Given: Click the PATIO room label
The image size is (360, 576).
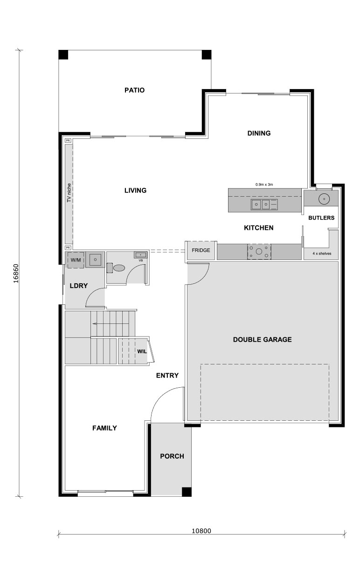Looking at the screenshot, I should coord(134,90).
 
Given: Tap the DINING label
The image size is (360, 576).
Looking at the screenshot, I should coord(259,133).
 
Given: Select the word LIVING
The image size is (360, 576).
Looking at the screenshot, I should coord(135,190).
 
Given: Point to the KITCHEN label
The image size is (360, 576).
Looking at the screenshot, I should coord(258,228).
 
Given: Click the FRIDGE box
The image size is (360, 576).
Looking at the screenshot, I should coord(201,250).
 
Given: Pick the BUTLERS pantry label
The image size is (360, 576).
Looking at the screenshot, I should coord(321,218).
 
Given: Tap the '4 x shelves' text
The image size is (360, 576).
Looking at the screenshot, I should coord(322,254).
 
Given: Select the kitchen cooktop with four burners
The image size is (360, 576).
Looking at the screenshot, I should coord(259,251).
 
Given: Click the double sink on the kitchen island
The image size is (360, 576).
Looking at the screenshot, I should coord(260,204).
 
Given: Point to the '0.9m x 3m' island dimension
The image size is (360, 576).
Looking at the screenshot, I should coord(264,185).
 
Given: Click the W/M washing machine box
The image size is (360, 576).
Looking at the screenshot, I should coord(76,260).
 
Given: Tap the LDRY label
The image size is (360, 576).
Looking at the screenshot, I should coord(79,285).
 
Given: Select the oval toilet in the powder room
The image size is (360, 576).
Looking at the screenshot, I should coord(120,267).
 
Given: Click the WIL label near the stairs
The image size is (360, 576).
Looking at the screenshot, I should coord(142,351).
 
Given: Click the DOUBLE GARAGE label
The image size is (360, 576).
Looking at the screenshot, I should coord(262,339).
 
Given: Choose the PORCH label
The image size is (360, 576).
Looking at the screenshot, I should coord(172,456).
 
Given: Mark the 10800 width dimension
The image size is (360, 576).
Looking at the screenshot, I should coord(201,530).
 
